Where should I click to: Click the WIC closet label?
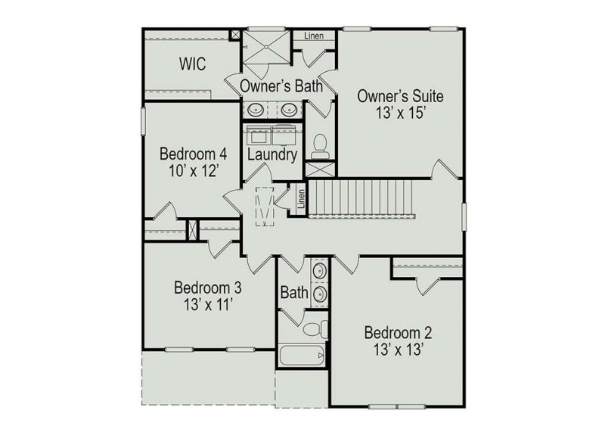pos(192,63)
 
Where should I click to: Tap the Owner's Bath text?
pos(282,86)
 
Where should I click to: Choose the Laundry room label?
pos(271,154)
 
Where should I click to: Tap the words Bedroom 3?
pos(207,287)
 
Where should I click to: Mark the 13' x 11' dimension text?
pos(207,305)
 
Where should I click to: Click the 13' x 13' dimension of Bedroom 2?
pos(398,350)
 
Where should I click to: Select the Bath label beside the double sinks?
pos(293,292)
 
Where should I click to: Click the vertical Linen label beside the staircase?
pos(301,198)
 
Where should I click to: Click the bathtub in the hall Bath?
pos(302,356)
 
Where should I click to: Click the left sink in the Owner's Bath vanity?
pos(256,110)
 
